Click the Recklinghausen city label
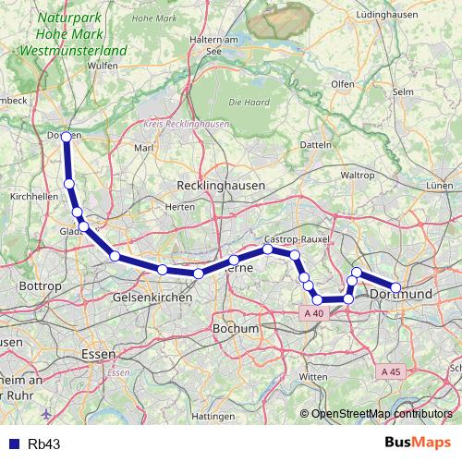click(221, 185)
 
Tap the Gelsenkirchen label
click(152, 298)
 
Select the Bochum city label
click(235, 328)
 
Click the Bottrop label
click(40, 286)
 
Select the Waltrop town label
click(357, 175)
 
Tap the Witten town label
click(314, 377)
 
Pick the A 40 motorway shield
click(314, 313)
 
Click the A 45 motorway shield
click(391, 371)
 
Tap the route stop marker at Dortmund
click(395, 288)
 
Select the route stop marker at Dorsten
click(65, 137)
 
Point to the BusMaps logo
click(419, 444)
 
